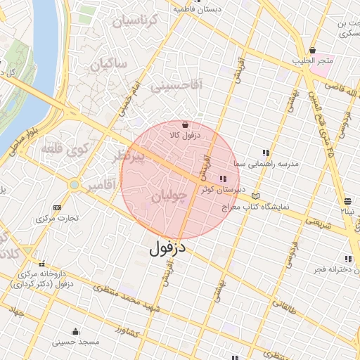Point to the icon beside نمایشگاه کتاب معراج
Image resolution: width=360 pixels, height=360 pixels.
pyautogui.click(x=255, y=196)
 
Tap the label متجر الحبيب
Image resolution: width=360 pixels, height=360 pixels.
pyautogui.click(x=314, y=61)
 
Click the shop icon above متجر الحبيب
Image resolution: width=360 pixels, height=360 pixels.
pyautogui.click(x=314, y=51)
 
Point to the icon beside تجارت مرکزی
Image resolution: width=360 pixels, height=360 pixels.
pyautogui.click(x=57, y=208)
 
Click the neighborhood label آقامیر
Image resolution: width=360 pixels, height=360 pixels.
pyautogui.click(x=103, y=186)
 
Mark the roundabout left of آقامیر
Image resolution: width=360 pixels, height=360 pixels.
pyautogui.click(x=74, y=185)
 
